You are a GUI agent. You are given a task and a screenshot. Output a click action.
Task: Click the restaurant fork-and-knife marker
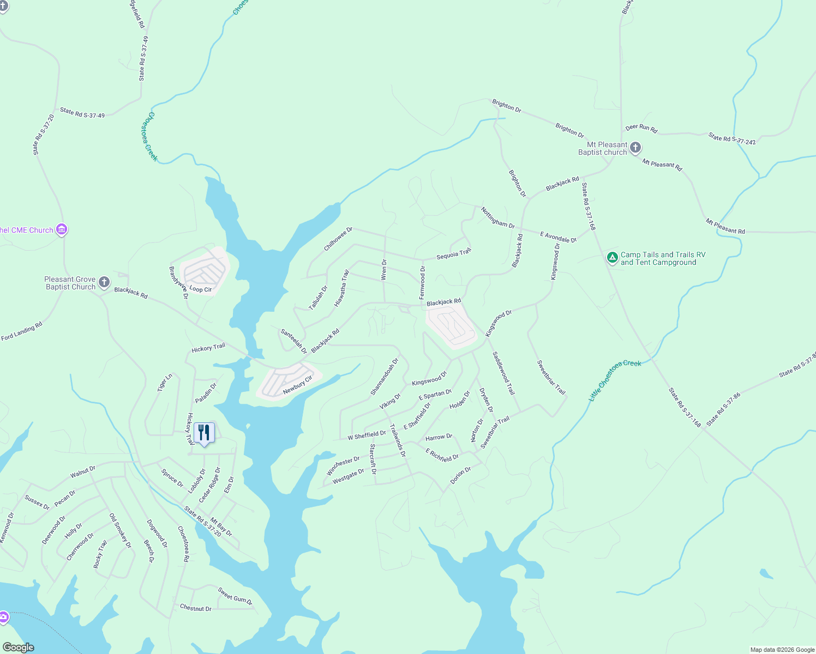(x=204, y=433)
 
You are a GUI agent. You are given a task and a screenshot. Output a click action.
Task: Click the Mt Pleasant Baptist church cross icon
(x=635, y=148)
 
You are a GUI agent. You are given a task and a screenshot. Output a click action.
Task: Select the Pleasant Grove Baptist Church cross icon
(x=104, y=282)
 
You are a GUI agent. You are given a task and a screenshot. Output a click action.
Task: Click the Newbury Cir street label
(x=297, y=385)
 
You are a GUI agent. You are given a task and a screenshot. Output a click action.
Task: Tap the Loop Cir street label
(x=200, y=289)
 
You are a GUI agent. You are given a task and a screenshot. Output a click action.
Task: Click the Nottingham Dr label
(x=497, y=217)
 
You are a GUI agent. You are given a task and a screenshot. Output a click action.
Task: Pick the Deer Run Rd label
(x=641, y=128)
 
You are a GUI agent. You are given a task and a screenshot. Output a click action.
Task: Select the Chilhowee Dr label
(x=338, y=239)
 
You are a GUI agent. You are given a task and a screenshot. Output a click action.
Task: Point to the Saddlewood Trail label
(x=503, y=373)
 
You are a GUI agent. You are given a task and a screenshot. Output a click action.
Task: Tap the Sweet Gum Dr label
(x=235, y=596)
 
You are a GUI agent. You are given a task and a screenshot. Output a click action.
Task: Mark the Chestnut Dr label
(x=195, y=608)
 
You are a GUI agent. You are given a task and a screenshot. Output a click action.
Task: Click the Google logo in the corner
(x=18, y=647)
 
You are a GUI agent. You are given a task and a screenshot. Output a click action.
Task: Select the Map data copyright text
(x=782, y=650)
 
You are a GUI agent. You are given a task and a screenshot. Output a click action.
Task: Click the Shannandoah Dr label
(x=385, y=377)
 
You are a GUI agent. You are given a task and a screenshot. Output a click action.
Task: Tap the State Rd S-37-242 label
(x=732, y=138)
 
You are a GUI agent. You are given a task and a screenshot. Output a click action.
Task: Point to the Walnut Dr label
(x=83, y=472)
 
